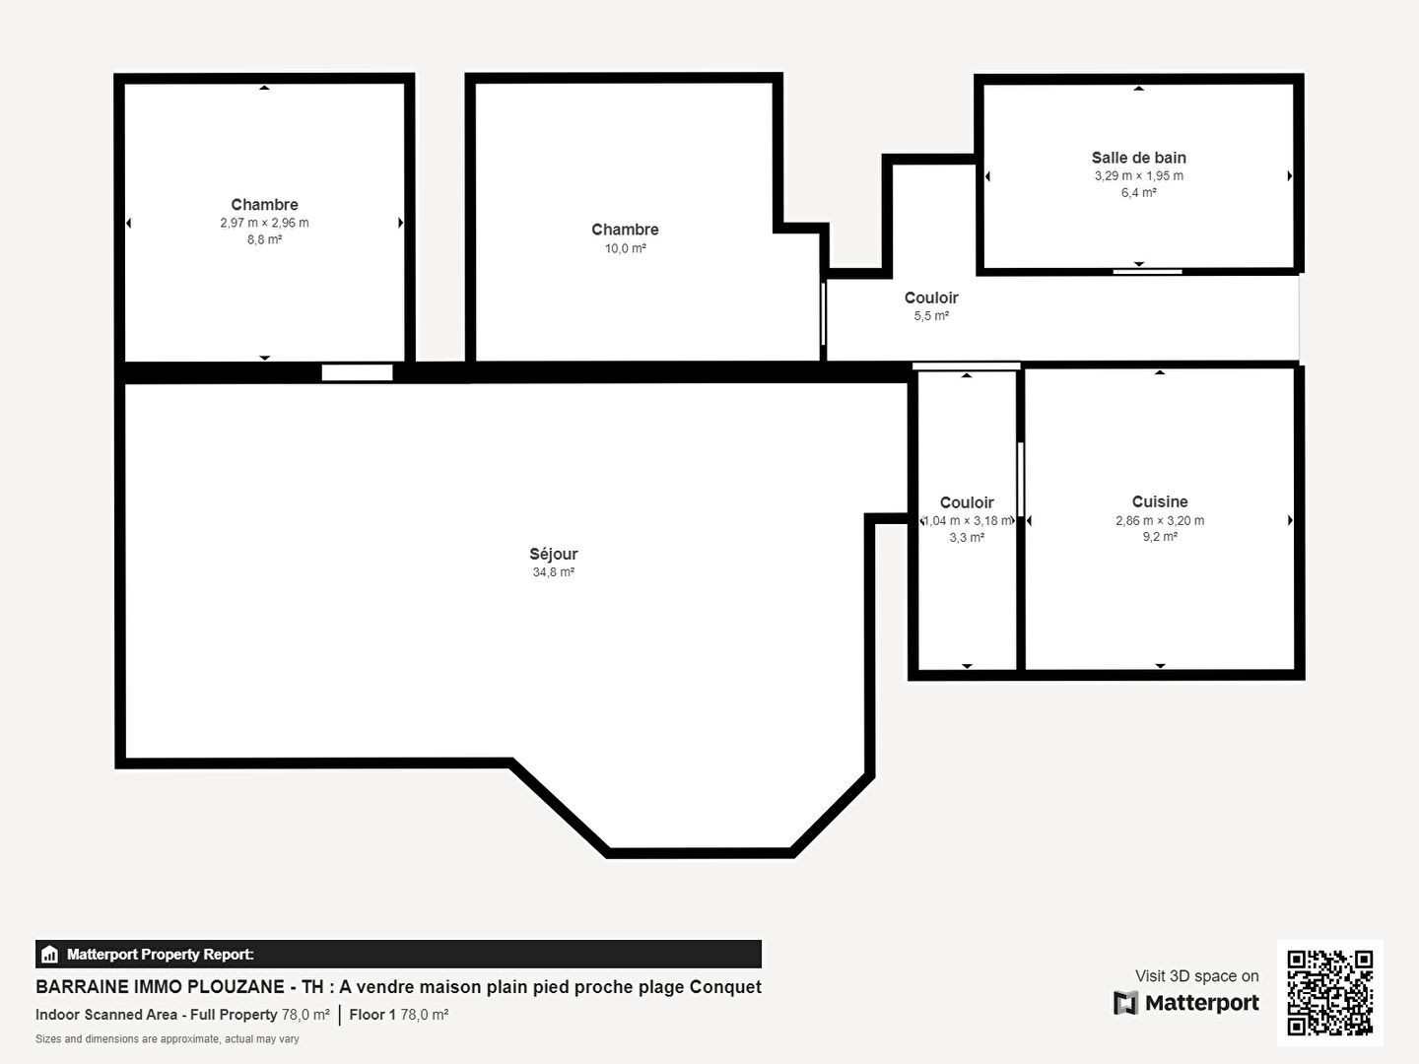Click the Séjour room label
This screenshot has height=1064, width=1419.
point(554,554)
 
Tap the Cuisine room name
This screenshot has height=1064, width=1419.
point(1160,501)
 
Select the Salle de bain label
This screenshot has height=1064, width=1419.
point(1138,158)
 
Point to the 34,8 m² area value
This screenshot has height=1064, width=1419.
point(554,571)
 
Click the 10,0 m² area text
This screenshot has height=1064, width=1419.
point(625,248)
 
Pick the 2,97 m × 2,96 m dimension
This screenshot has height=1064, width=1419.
point(264,223)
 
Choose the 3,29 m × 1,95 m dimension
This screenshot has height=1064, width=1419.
point(1138,175)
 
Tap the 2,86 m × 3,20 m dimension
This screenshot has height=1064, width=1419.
point(1160,520)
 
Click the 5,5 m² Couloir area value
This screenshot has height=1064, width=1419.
point(931,316)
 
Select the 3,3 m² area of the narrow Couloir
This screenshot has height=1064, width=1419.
point(967,538)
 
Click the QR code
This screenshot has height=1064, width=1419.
point(1329,992)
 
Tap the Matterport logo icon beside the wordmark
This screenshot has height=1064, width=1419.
point(1125,1003)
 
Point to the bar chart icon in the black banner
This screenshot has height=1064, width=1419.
point(50,955)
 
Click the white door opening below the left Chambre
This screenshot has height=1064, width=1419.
point(358,372)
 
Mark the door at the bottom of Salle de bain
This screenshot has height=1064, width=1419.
point(1147,272)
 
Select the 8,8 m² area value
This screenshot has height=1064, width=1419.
point(264,239)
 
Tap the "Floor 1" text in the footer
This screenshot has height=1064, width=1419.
point(372,1015)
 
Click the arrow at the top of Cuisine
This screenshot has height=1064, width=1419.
point(1160,372)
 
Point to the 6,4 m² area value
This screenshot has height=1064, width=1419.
point(1138,192)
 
